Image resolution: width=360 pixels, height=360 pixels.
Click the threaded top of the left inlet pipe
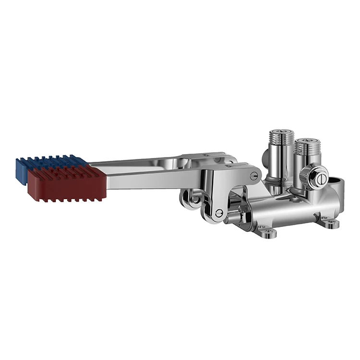click(x=282, y=136)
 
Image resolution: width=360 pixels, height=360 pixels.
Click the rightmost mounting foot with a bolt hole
click(x=330, y=222)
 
